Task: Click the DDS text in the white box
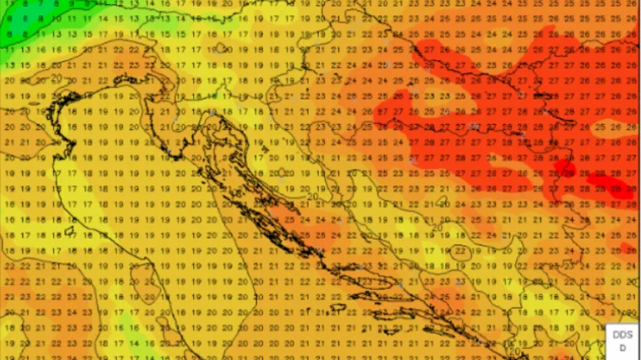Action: point(623,335)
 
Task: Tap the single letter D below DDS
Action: point(623,347)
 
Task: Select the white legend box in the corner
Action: point(623,341)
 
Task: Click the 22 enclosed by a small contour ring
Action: point(461,250)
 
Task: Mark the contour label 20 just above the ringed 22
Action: point(437,227)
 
